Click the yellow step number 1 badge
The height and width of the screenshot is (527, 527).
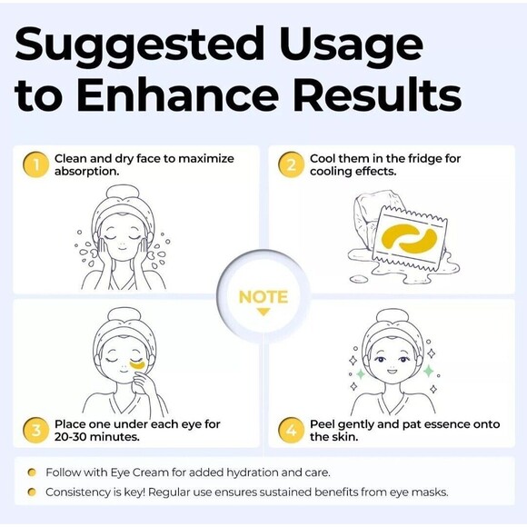35,164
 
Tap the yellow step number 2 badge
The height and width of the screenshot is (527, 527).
291,164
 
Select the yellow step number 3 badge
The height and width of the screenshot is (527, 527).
35,430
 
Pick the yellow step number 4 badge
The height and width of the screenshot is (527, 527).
291,430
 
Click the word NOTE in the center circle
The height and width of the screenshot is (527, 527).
263,297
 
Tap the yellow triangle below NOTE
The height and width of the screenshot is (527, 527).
263,313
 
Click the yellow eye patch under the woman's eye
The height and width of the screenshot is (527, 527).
137,365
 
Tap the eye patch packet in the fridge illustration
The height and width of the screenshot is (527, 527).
412,238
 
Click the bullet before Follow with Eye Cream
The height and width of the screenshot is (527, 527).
32,472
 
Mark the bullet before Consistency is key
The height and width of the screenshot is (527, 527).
32,492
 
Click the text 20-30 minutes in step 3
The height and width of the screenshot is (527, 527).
97,437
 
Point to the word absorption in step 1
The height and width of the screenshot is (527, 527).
86,172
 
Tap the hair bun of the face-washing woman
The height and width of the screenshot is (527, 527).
123,193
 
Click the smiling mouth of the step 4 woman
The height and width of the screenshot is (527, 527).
392,372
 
